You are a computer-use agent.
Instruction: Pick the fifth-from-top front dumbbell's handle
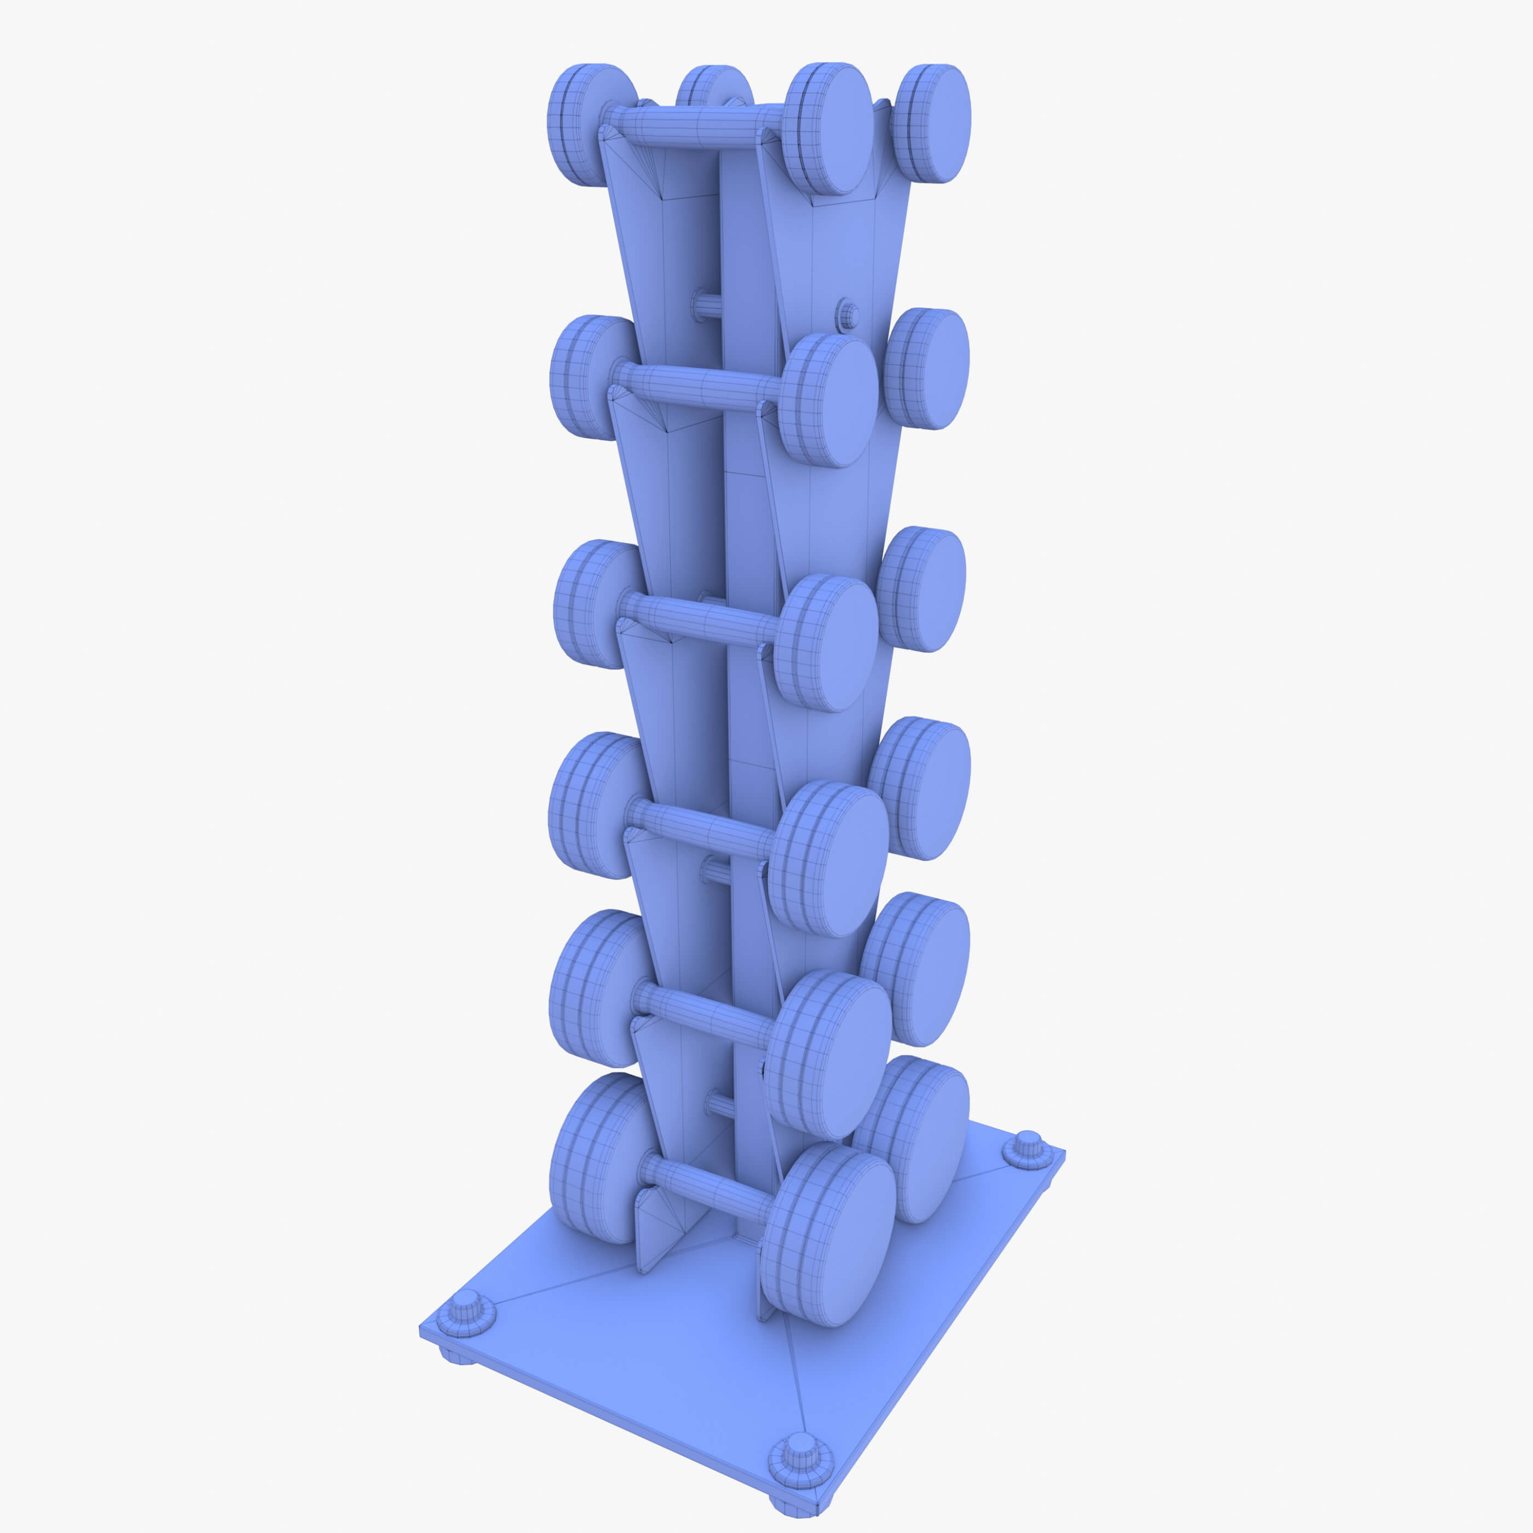coord(702,1012)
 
